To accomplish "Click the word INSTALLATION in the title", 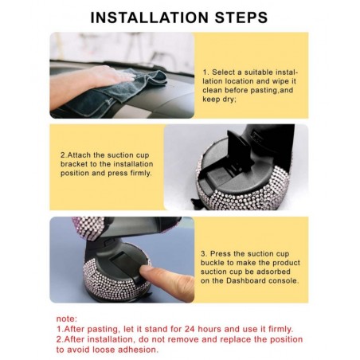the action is point(150,18).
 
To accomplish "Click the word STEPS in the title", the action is point(241,18).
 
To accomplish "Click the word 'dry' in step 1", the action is point(229,100).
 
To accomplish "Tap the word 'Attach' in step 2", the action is point(79,155).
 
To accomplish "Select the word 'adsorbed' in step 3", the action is point(272,272).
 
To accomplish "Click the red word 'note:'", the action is point(67,319).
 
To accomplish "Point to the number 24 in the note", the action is point(190,329).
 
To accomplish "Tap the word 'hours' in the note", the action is point(209,329).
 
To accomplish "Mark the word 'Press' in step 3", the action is point(221,253).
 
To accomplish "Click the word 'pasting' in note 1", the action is point(104,330).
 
